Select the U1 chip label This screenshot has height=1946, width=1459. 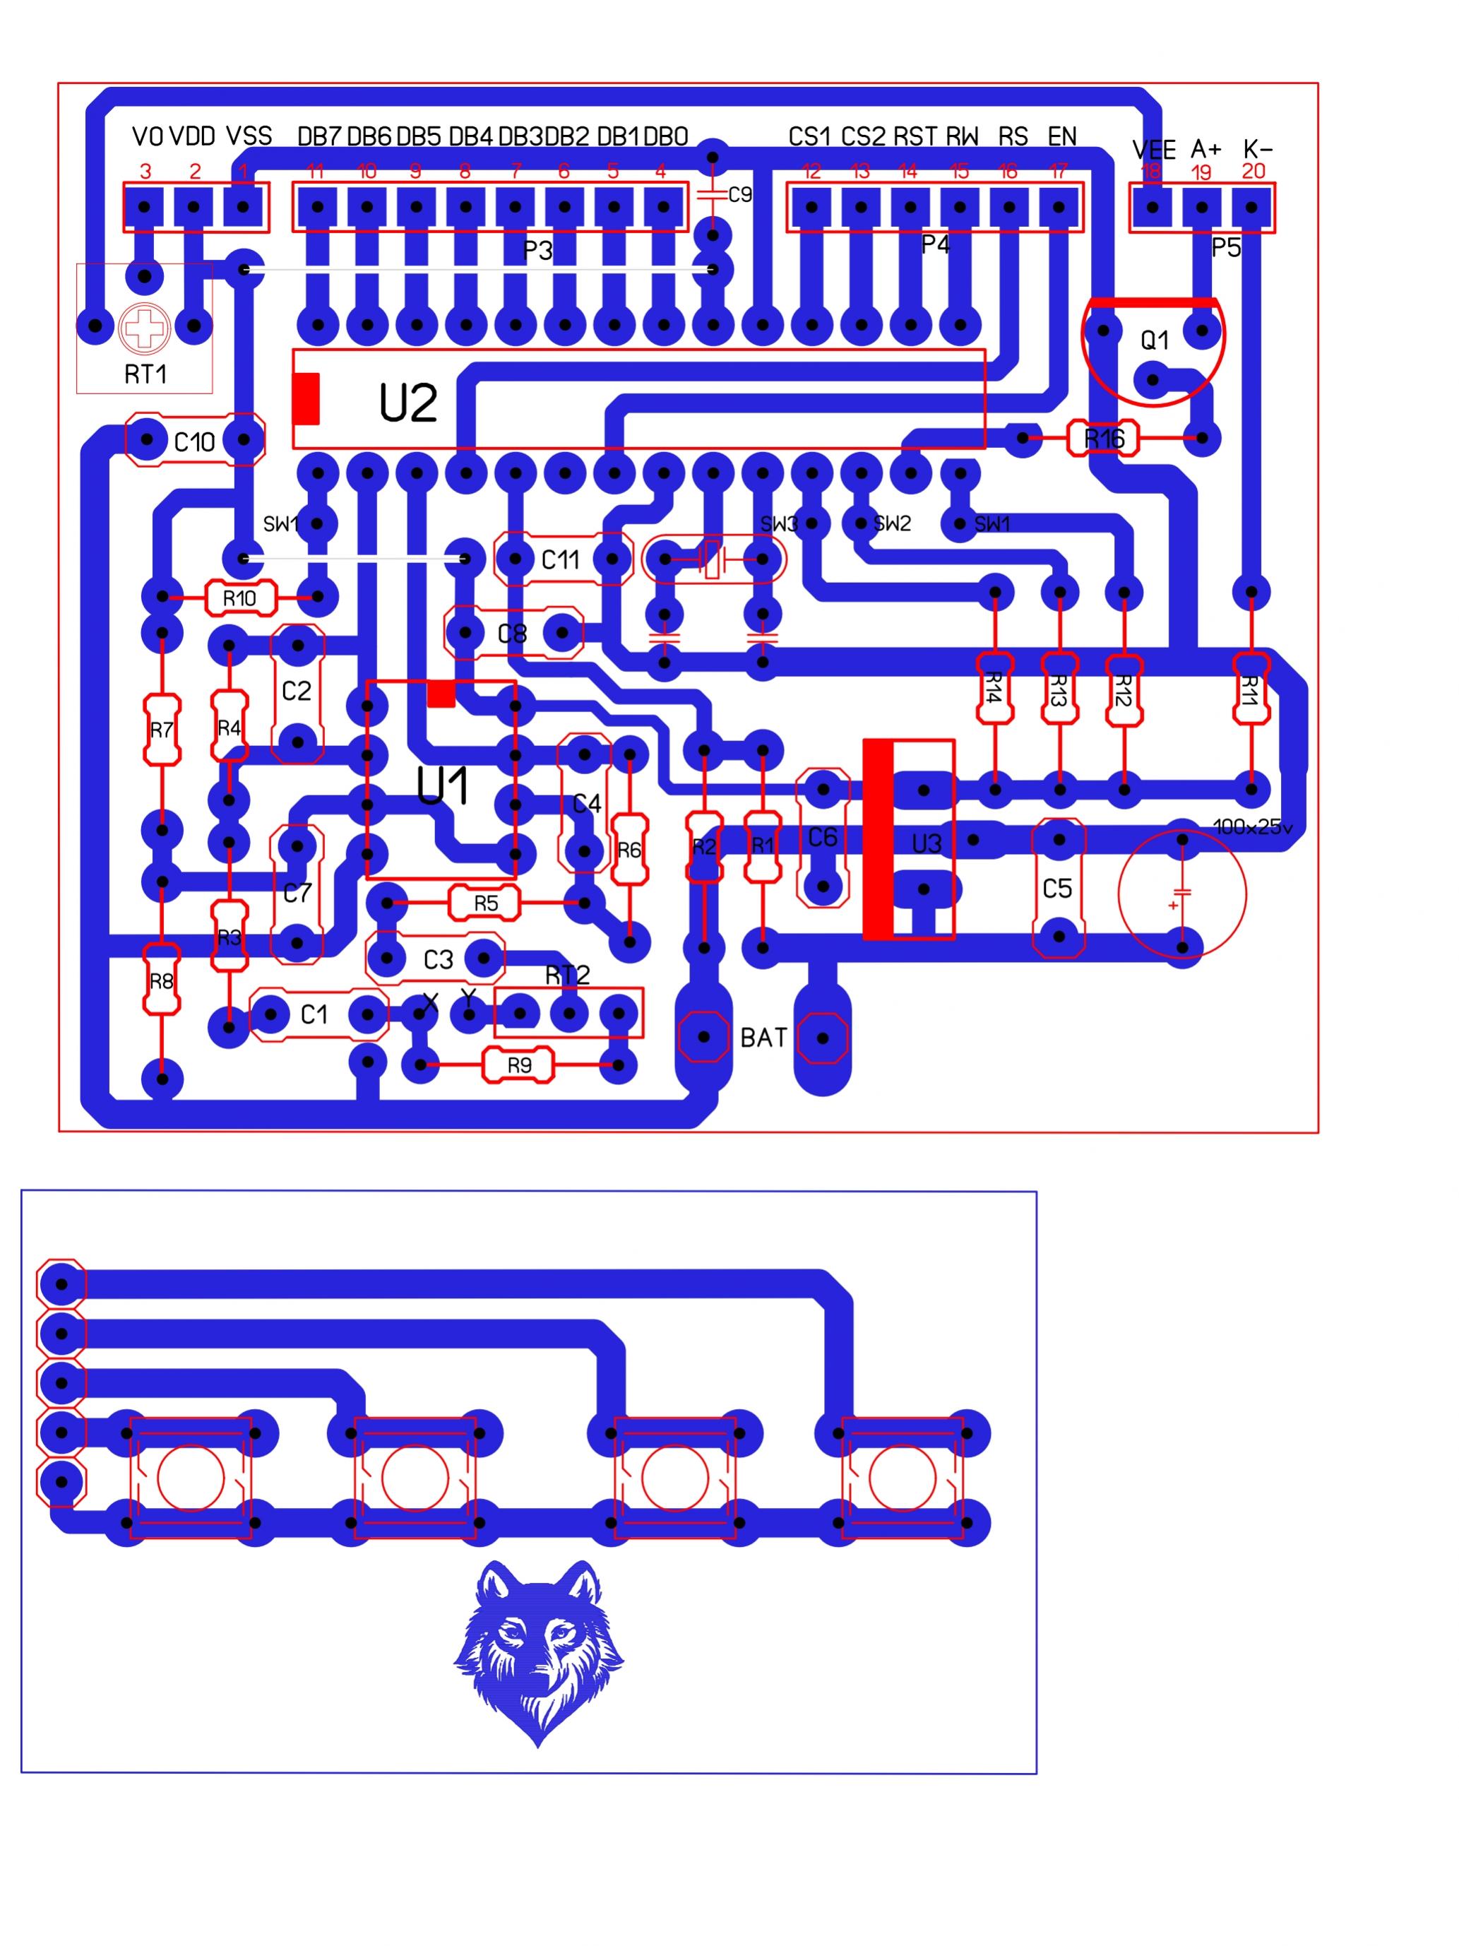tap(442, 785)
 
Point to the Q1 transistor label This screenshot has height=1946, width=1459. tap(1154, 340)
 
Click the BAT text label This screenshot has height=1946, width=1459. tap(763, 1038)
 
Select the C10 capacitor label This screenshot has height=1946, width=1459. tap(194, 441)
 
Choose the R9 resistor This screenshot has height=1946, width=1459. tap(519, 1065)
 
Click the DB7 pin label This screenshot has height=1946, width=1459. tap(318, 136)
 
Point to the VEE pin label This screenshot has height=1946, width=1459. tap(1153, 150)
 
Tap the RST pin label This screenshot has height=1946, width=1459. tap(915, 136)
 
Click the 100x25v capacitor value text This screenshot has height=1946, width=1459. tap(1252, 827)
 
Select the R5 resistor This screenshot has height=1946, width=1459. tap(485, 903)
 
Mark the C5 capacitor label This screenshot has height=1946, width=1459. tap(1057, 889)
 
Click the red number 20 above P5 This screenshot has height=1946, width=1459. tap(1252, 171)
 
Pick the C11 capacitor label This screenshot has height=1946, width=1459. tap(560, 559)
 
